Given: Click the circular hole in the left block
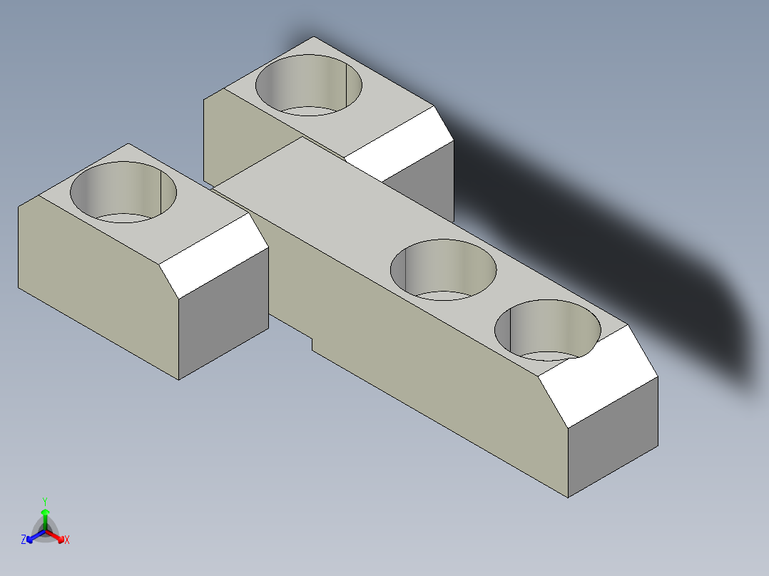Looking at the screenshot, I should pyautogui.click(x=123, y=192).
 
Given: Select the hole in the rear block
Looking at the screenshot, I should pyautogui.click(x=308, y=84).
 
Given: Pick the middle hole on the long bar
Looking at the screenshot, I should pyautogui.click(x=443, y=269).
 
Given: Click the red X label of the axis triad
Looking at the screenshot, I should pyautogui.click(x=67, y=540).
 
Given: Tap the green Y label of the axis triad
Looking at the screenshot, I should pyautogui.click(x=44, y=501).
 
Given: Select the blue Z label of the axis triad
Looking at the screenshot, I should pyautogui.click(x=24, y=540).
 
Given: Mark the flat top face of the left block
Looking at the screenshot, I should pyautogui.click(x=193, y=214).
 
